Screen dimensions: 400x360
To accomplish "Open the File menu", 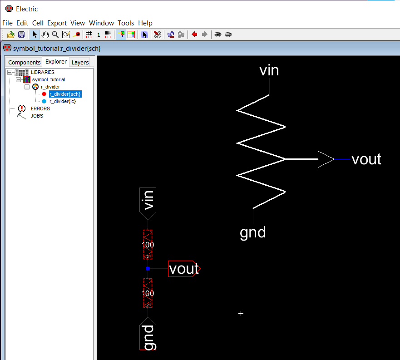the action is click(x=7, y=23).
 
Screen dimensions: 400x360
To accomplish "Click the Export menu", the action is click(x=57, y=23).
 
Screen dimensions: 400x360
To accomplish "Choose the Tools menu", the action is click(x=126, y=23).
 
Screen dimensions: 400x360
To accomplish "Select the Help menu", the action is click(x=145, y=23).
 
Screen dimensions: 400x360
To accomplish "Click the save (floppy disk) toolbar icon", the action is click(x=21, y=35).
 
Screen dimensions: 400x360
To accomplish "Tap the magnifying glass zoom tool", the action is click(x=55, y=35).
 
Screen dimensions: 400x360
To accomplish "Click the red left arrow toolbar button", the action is click(x=194, y=34).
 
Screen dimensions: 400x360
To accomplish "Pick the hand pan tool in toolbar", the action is click(x=45, y=35).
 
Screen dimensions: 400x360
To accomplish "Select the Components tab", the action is click(x=24, y=62).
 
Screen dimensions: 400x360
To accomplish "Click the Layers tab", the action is click(x=80, y=62).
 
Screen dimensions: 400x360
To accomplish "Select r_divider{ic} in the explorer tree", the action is click(x=63, y=101).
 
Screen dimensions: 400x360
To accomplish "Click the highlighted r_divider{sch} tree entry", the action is click(x=65, y=94).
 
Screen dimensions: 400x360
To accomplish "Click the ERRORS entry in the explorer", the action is click(x=40, y=108).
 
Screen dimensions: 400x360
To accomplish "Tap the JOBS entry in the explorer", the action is click(x=37, y=116).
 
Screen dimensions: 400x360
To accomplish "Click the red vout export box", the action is click(x=184, y=269).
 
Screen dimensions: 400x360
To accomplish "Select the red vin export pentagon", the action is click(x=148, y=203).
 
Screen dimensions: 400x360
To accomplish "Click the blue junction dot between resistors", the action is click(x=148, y=268).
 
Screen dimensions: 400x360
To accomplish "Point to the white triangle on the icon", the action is click(x=326, y=159).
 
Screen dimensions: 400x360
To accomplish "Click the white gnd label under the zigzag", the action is click(x=253, y=233).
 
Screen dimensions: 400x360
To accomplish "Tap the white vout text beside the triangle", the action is click(x=366, y=159).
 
